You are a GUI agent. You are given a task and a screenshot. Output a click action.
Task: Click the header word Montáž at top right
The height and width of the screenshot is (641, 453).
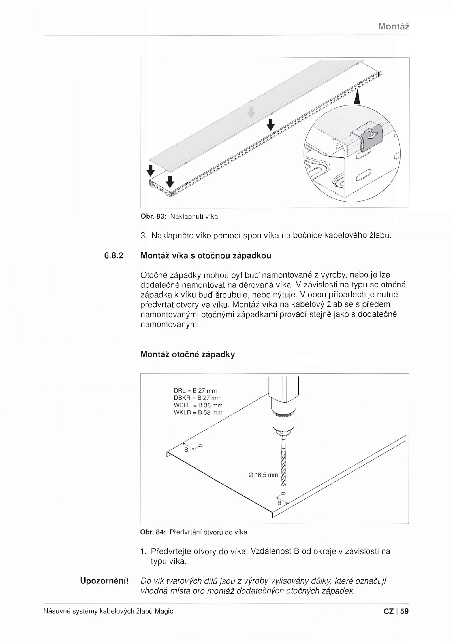click(394, 27)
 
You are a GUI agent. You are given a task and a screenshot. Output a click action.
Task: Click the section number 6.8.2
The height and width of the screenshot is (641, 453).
click(114, 256)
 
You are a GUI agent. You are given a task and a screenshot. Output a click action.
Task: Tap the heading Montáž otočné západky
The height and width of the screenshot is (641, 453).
click(187, 354)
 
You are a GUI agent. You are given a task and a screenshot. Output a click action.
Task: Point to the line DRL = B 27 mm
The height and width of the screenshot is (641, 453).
click(195, 391)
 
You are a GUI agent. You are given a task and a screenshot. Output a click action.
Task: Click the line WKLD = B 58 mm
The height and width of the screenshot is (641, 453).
click(198, 413)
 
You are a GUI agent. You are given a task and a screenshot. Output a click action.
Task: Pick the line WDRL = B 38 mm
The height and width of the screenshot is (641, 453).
click(198, 405)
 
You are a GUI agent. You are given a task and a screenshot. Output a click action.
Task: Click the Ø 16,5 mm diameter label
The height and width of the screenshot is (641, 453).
click(263, 475)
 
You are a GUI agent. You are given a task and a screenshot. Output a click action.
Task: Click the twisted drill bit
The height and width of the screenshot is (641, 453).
click(284, 465)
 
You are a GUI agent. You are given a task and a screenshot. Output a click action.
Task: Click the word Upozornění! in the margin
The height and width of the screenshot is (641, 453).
click(104, 581)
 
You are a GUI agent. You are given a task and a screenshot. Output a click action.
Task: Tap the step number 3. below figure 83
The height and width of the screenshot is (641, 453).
click(144, 235)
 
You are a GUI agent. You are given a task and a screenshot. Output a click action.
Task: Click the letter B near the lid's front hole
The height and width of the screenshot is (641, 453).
click(279, 503)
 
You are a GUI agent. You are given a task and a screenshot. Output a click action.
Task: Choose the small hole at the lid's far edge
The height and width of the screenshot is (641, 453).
click(200, 446)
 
